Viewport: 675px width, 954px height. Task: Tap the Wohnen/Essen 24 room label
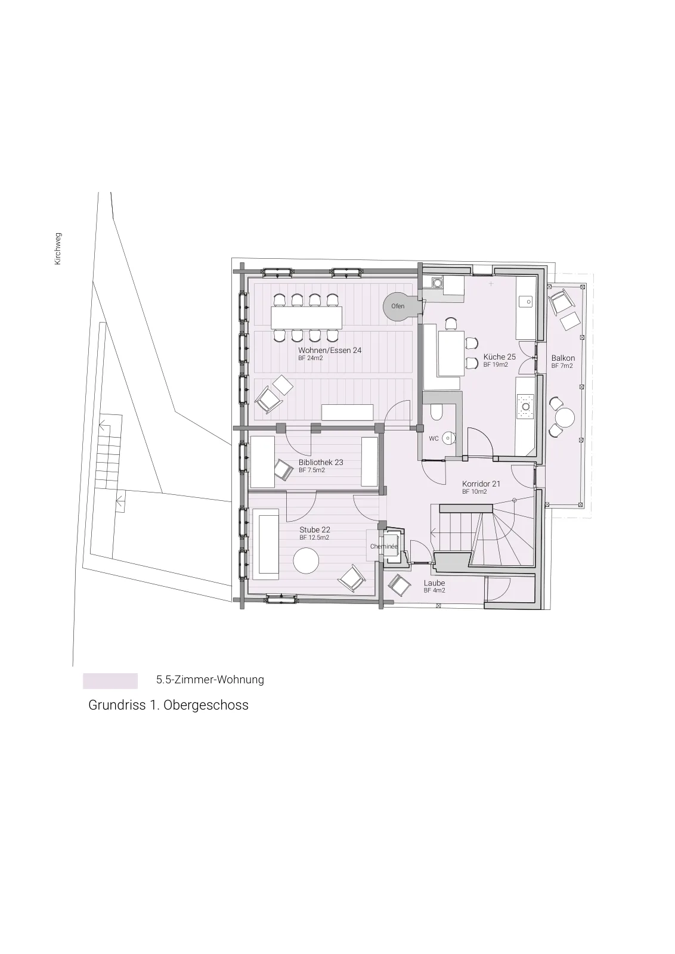coord(330,350)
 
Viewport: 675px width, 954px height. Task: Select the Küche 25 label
coord(500,357)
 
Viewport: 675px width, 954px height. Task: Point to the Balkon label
coord(563,358)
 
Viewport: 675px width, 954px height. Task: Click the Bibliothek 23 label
coord(321,462)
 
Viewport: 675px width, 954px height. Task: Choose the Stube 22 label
coord(315,530)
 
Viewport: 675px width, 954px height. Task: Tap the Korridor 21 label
coord(481,484)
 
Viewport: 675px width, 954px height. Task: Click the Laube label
coord(434,583)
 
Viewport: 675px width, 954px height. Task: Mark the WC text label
coord(434,439)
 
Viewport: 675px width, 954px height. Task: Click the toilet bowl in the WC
coord(436,412)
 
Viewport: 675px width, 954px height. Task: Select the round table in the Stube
coord(306,560)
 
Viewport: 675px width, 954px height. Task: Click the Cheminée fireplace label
coord(383,546)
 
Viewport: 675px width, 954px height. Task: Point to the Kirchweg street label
coord(58,249)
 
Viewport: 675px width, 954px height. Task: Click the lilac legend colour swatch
coord(110,681)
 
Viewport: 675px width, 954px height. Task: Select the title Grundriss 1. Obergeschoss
coord(168,705)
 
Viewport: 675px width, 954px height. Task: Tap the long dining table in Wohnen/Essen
coord(306,318)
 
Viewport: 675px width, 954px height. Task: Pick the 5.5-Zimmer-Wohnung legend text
coord(210,679)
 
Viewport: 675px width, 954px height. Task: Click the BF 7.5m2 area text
coord(312,470)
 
